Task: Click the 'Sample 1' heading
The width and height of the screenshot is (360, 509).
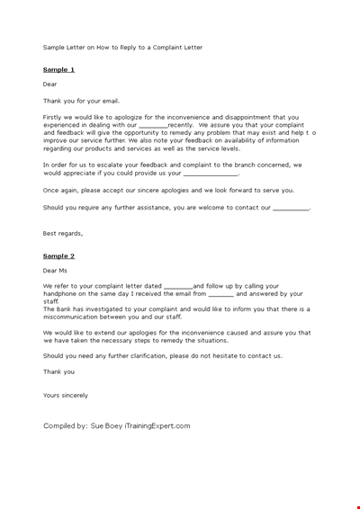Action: click(58, 69)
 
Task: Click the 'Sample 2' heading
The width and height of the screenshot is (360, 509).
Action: click(58, 255)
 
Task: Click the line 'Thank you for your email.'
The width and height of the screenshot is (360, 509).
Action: click(81, 101)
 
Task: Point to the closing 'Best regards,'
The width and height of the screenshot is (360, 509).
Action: click(63, 233)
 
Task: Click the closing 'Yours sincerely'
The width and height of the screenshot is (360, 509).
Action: click(66, 395)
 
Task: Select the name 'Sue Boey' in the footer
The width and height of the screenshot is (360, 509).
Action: click(106, 425)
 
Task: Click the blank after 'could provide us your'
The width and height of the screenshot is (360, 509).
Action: click(211, 174)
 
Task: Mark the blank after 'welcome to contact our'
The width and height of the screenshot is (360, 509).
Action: click(290, 208)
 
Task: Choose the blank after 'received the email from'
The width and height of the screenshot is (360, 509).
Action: click(220, 294)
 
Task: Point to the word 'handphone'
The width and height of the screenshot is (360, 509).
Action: click(61, 294)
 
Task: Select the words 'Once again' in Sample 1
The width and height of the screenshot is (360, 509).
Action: click(62, 191)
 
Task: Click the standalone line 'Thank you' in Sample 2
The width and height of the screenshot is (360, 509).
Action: click(58, 371)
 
